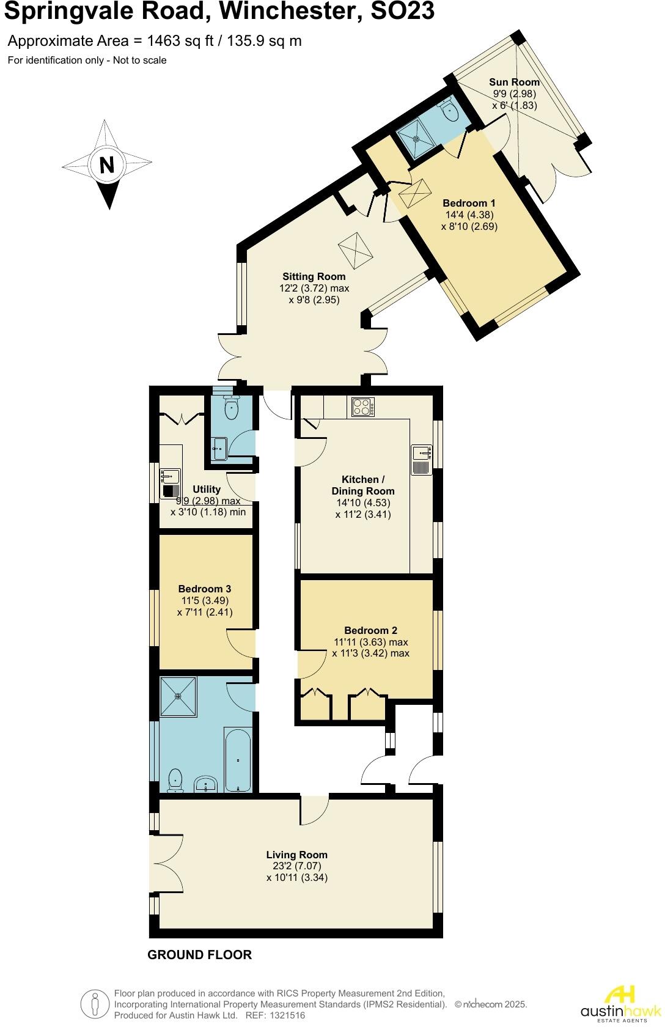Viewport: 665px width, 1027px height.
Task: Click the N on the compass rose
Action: tap(106, 164)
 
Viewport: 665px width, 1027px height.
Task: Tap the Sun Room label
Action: tap(514, 82)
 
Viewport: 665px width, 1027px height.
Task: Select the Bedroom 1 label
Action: tap(469, 203)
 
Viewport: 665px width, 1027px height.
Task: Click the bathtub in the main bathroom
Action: tap(238, 759)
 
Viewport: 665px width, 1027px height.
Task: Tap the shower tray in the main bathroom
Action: tap(178, 696)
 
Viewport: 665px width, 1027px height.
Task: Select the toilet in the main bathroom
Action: tap(175, 779)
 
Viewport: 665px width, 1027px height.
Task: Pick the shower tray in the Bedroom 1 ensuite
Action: tap(417, 138)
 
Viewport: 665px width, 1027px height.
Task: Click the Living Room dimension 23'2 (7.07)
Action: tap(297, 866)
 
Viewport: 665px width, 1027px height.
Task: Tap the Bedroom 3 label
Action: tap(205, 589)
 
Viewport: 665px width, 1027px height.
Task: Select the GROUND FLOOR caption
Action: tap(199, 954)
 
